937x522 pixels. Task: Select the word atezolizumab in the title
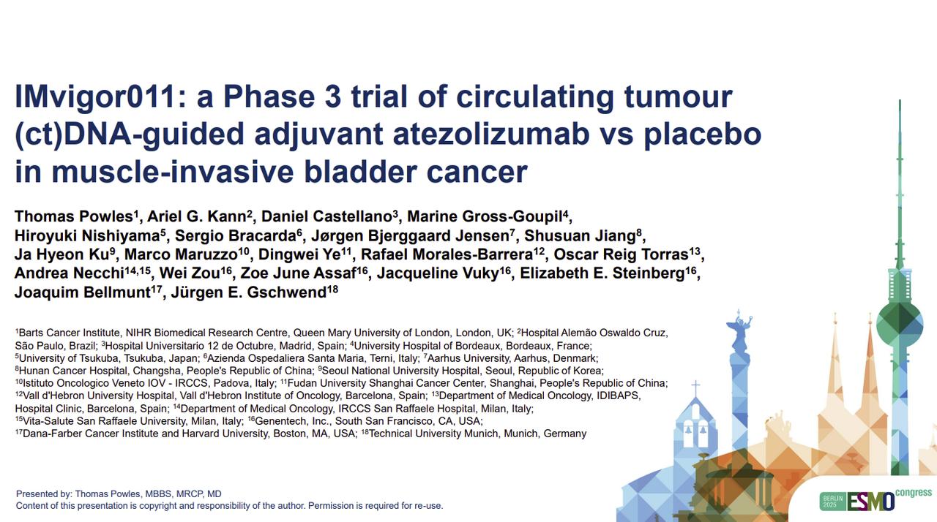(x=492, y=135)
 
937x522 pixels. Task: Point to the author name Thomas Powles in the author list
(x=74, y=216)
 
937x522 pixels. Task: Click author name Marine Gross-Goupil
(x=485, y=216)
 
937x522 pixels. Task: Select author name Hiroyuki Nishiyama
(x=87, y=236)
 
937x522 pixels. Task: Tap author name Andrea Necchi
(x=70, y=273)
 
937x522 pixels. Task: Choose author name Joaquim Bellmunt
(x=83, y=292)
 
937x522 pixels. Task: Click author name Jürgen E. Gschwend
(x=248, y=292)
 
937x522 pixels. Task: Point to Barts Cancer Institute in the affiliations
(x=69, y=333)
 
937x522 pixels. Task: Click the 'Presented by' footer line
(x=119, y=494)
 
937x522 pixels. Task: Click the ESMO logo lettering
(x=871, y=502)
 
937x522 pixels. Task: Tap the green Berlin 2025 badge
(x=833, y=502)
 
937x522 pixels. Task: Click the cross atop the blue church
(x=695, y=388)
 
